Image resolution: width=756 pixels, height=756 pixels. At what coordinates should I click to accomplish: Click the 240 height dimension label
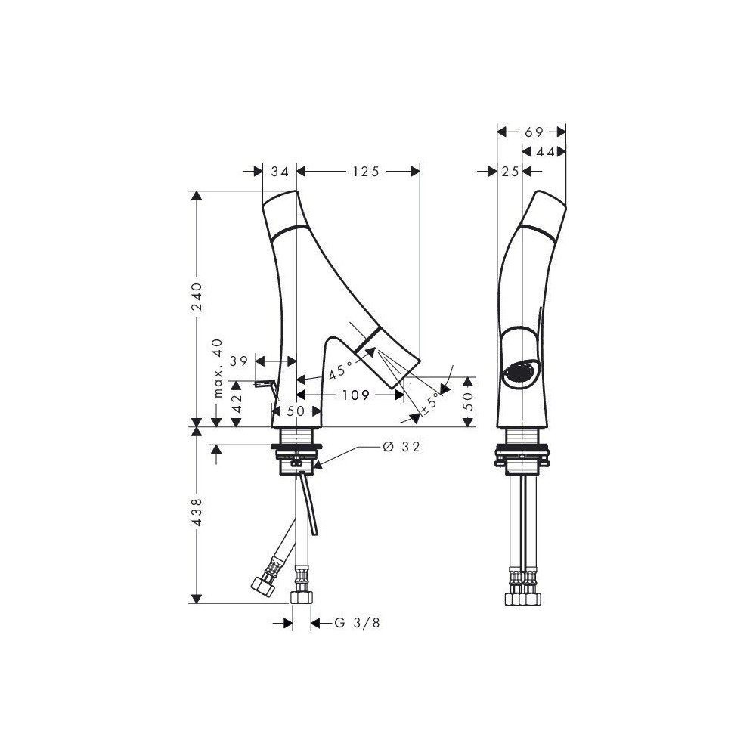tap(197, 296)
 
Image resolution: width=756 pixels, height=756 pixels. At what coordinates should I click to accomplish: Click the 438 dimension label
tap(197, 513)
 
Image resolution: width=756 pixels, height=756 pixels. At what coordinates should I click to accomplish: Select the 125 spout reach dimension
tap(367, 171)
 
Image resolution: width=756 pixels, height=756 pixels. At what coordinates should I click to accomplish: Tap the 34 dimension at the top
tap(280, 171)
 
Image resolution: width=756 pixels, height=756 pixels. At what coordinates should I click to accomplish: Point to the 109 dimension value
tap(356, 395)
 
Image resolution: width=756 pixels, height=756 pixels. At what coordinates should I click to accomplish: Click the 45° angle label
tap(342, 371)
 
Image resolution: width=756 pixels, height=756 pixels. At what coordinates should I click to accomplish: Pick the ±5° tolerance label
tap(432, 404)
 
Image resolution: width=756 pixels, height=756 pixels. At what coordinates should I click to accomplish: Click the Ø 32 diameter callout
tap(401, 447)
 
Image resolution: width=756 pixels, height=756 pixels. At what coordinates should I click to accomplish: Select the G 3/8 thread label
tap(358, 623)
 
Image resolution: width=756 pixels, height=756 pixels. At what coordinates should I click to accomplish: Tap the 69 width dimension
tap(534, 132)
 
